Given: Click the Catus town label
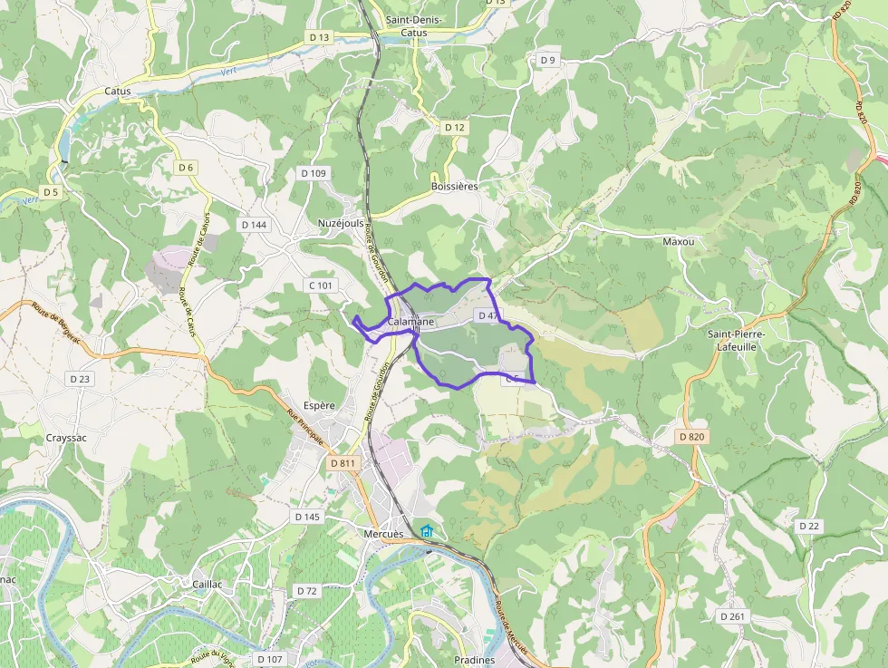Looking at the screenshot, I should pyautogui.click(x=118, y=91).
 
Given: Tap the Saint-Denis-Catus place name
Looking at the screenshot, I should pyautogui.click(x=413, y=25).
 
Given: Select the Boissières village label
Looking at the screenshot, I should pyautogui.click(x=454, y=186).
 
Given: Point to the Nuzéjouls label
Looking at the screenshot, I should pyautogui.click(x=341, y=222).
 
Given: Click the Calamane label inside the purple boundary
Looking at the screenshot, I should pyautogui.click(x=410, y=322).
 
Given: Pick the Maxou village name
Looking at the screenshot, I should pyautogui.click(x=678, y=242).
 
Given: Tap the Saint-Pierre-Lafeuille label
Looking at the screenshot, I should pyautogui.click(x=737, y=340).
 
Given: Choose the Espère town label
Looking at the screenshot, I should pyautogui.click(x=320, y=406).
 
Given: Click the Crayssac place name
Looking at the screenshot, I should pyautogui.click(x=66, y=437).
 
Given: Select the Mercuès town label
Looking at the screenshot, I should pyautogui.click(x=381, y=534).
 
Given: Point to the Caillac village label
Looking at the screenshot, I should pyautogui.click(x=207, y=585).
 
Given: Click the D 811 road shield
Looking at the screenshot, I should pyautogui.click(x=343, y=463).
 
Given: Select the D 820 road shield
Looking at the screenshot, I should pyautogui.click(x=691, y=436).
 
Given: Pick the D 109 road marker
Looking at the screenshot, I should pyautogui.click(x=313, y=173).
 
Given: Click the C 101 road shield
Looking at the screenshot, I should pyautogui.click(x=322, y=286).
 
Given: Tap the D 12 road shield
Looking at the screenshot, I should pyautogui.click(x=455, y=128).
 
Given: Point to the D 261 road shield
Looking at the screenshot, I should pyautogui.click(x=732, y=615).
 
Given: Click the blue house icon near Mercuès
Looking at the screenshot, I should pyautogui.click(x=426, y=530).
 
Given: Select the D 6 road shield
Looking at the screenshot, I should pyautogui.click(x=186, y=168).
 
